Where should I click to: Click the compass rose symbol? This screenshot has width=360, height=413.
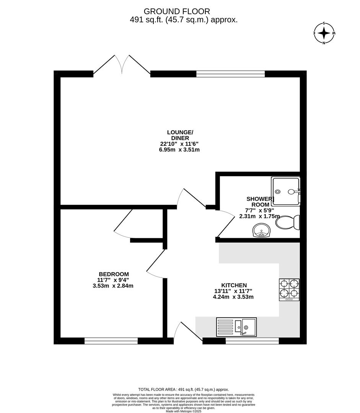(324, 33)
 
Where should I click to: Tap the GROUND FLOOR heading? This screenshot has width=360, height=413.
(177, 11)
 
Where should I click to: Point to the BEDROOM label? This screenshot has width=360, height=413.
(114, 274)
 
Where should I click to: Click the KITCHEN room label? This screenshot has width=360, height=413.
(234, 285)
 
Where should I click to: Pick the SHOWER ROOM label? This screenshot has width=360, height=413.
(261, 202)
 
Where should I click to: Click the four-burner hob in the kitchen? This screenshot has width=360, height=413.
(289, 290)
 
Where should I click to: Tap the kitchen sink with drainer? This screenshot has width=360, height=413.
(236, 327)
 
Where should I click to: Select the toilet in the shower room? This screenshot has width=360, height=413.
(288, 222)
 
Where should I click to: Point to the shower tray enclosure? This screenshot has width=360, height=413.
(286, 191)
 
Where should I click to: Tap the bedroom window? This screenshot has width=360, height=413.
(111, 341)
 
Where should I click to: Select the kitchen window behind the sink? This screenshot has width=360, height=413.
(252, 341)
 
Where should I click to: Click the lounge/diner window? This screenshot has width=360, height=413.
(230, 74)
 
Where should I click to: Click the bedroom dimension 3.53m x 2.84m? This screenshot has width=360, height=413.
(113, 286)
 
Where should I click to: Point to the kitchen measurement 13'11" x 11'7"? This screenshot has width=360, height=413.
(233, 291)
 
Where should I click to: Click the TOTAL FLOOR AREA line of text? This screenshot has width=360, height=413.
(184, 389)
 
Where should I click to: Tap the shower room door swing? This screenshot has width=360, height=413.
(225, 224)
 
